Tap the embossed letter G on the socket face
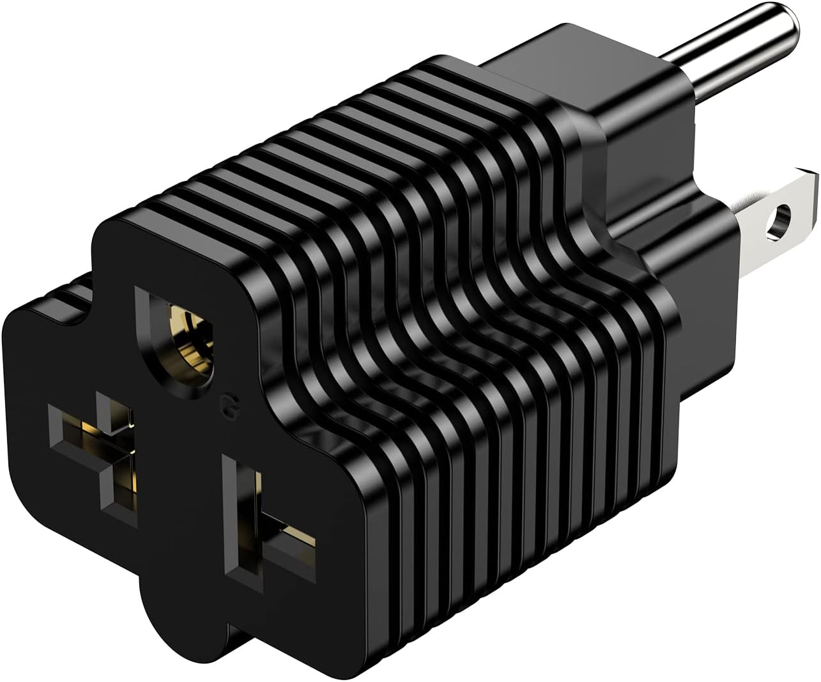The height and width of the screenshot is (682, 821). click(x=226, y=404)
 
